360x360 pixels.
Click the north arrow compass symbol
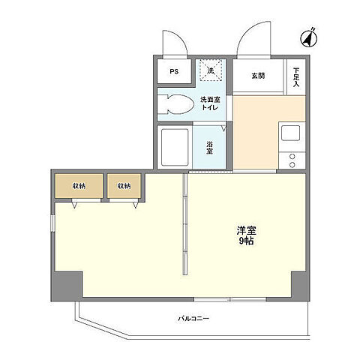[309, 38]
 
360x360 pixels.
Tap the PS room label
[174, 71]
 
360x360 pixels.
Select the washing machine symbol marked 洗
[211, 70]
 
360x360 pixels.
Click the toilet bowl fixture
[176, 104]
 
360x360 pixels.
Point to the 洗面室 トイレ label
[210, 103]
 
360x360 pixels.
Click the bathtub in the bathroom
[175, 147]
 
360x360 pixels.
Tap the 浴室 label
[209, 148]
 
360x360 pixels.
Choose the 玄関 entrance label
[258, 76]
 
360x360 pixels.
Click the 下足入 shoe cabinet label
[296, 77]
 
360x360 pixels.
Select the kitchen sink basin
[290, 133]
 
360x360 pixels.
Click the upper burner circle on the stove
[292, 157]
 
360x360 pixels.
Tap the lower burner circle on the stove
[292, 165]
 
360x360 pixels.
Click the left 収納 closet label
[79, 186]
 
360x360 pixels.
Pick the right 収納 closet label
[124, 186]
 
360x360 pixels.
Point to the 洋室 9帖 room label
[247, 235]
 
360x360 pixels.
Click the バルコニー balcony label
[193, 319]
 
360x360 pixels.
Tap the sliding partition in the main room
[185, 224]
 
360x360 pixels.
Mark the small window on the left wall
[52, 223]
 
